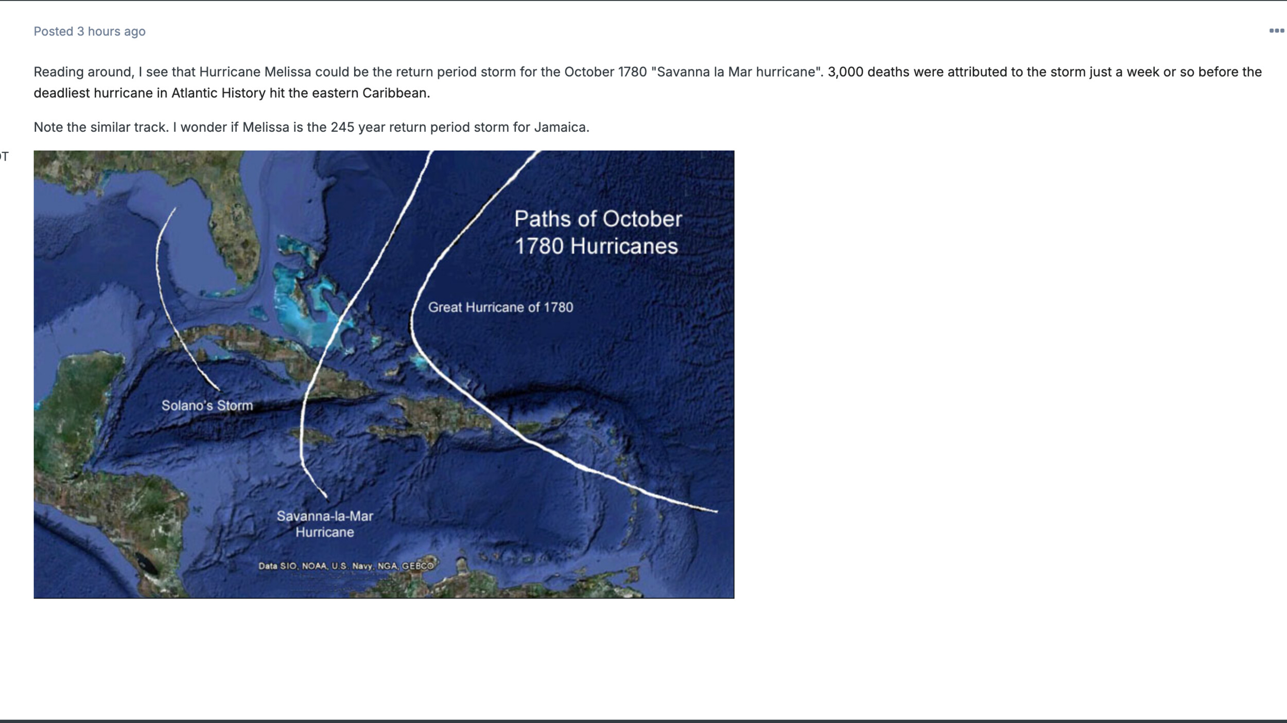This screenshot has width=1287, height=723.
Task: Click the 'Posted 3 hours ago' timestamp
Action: tap(90, 31)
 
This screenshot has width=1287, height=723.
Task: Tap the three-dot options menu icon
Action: tap(1276, 31)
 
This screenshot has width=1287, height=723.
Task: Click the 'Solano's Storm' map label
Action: tap(207, 405)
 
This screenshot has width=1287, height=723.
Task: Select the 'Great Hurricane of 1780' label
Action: tap(500, 307)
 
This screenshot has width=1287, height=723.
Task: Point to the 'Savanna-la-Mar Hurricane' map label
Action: tap(325, 524)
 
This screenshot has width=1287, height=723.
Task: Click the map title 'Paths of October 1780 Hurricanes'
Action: tap(598, 233)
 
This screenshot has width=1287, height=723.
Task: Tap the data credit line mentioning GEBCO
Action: tap(346, 566)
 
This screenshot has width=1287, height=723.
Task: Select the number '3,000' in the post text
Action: tap(845, 72)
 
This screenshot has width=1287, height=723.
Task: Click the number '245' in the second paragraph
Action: tap(342, 127)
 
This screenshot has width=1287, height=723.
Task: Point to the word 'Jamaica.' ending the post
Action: tap(562, 127)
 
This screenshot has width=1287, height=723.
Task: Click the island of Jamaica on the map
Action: tap(315, 438)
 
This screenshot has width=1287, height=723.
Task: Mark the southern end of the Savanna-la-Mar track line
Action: tap(326, 498)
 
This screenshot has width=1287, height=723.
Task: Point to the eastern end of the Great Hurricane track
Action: tap(717, 512)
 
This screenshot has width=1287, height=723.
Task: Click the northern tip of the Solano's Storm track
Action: tap(175, 208)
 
